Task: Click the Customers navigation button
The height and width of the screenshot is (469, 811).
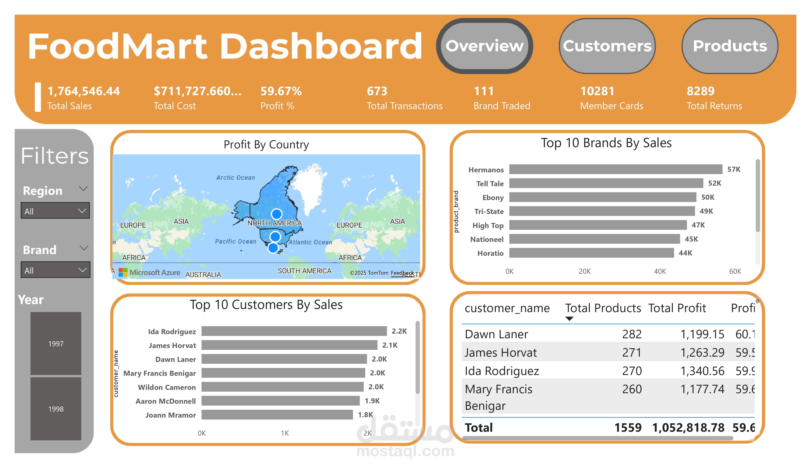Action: coord(607,46)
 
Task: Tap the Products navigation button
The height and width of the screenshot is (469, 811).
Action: coord(730,46)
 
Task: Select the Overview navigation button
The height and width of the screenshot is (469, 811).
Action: coord(484,46)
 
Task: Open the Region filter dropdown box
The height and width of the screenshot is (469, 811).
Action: coord(55,211)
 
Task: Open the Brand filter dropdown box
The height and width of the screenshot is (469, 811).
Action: coord(55,270)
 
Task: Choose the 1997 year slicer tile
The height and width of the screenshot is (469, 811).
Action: coord(56,344)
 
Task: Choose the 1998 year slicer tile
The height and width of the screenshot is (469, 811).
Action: coord(56,409)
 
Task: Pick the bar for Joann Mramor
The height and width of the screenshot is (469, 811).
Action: coord(277,415)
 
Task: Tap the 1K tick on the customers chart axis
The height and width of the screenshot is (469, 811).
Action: coord(285,433)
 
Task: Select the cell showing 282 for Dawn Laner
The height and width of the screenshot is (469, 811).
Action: coord(631,334)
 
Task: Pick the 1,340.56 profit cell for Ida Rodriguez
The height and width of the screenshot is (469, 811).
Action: coord(702,371)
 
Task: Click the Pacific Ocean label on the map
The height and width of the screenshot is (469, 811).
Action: coord(235,241)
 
